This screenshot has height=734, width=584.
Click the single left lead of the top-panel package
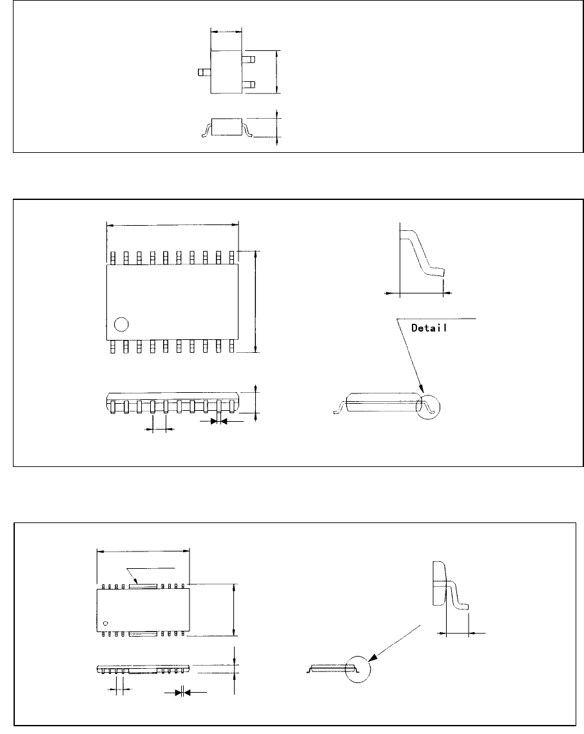click(204, 72)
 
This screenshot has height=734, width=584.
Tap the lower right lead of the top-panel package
click(249, 84)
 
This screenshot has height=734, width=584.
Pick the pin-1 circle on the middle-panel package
click(120, 324)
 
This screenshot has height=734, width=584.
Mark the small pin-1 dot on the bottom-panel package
click(106, 623)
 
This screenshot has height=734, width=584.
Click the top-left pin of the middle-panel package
click(112, 257)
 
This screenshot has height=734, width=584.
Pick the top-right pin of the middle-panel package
click(232, 257)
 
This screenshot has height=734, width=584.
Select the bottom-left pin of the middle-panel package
click(112, 346)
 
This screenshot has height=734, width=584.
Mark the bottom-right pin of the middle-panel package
click(232, 346)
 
